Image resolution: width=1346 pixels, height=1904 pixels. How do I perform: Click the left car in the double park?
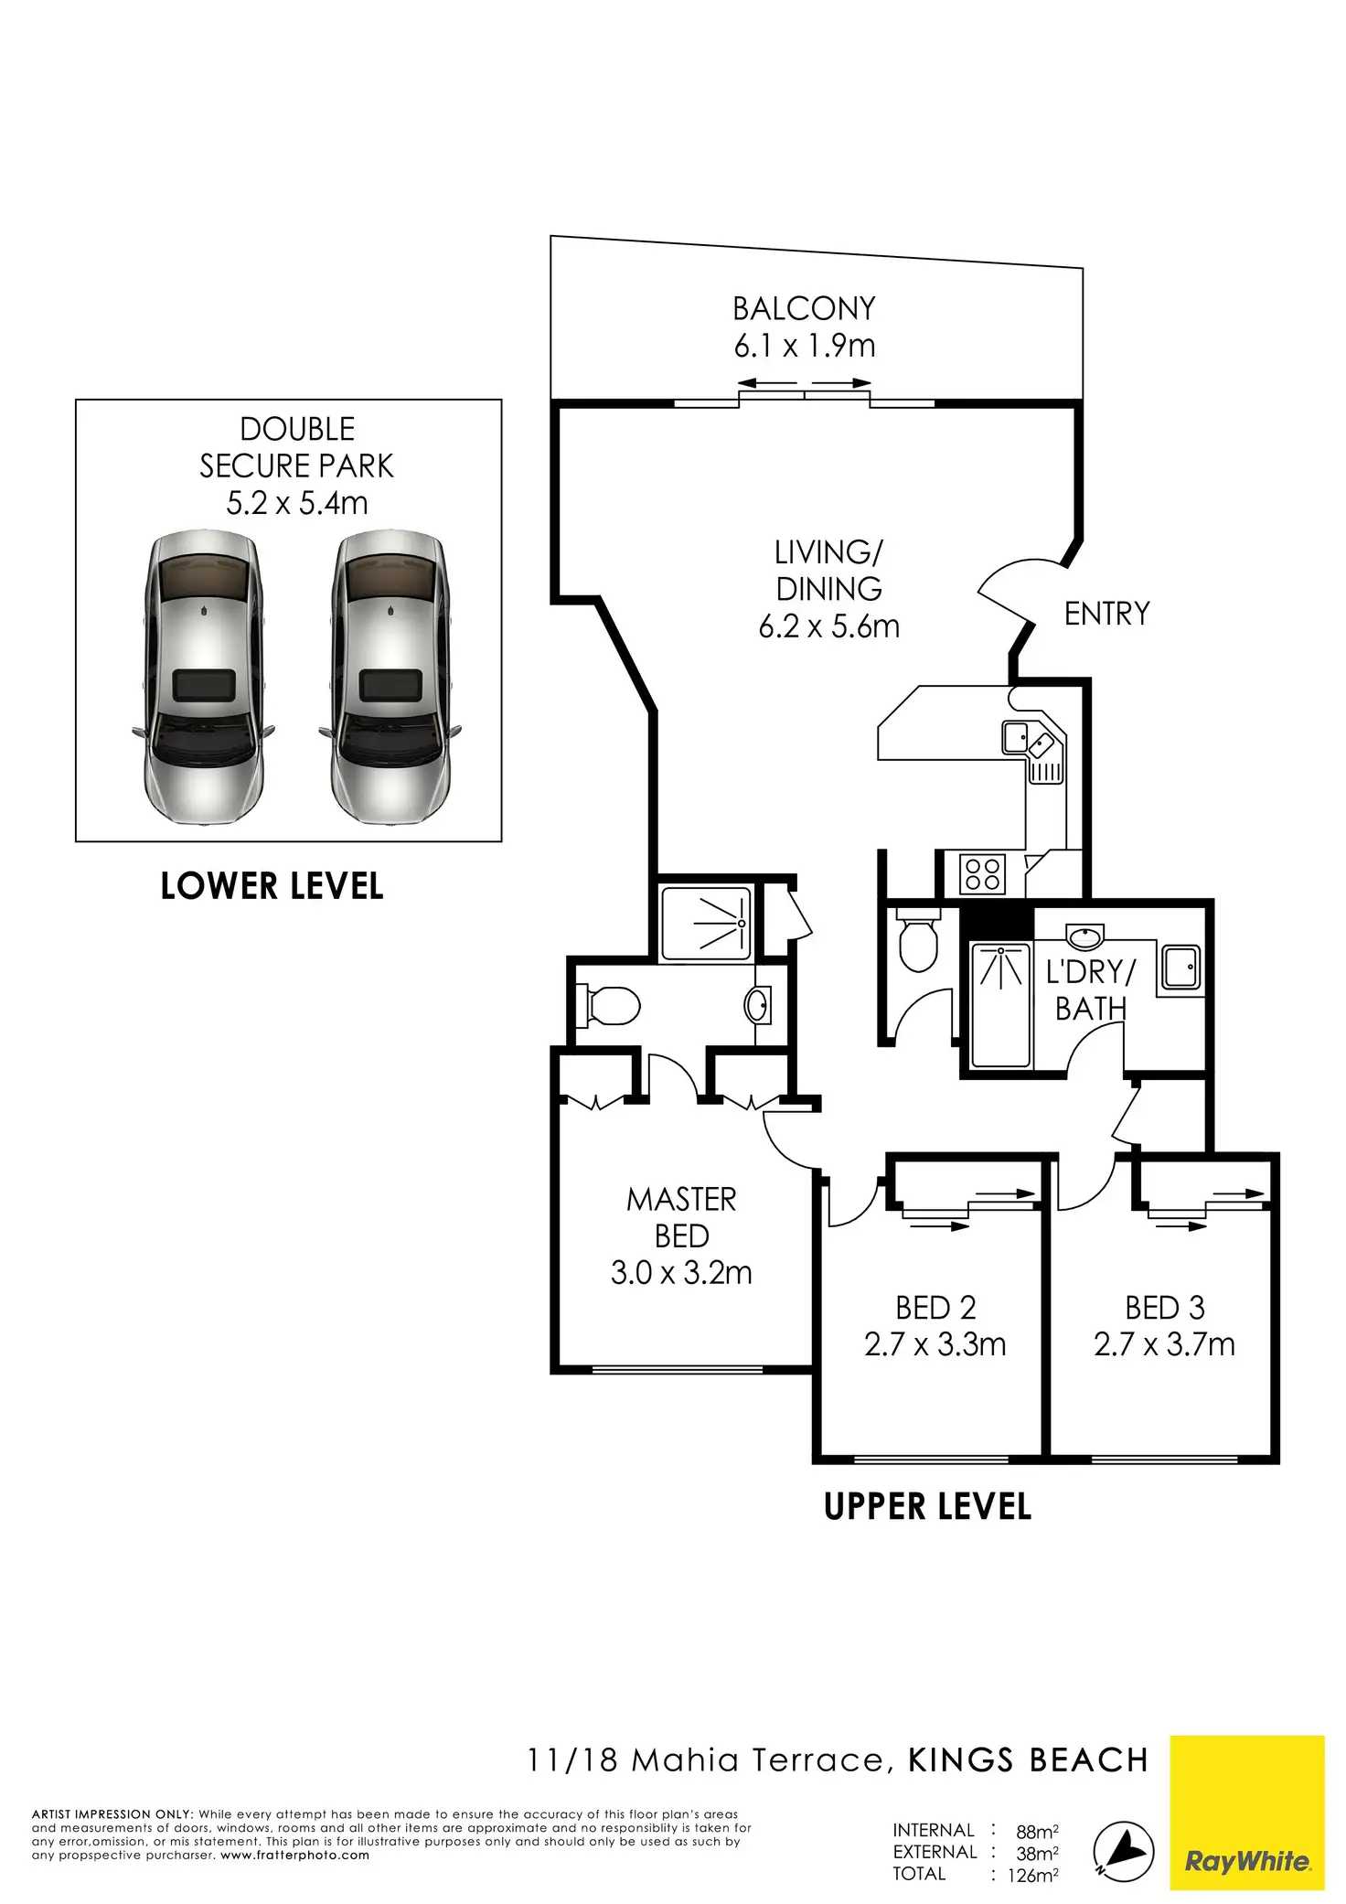(203, 679)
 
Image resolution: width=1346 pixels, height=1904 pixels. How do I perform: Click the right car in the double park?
(390, 679)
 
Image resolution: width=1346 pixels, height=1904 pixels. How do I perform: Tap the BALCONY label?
(804, 309)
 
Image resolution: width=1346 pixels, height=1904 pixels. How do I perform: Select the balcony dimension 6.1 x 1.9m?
(804, 347)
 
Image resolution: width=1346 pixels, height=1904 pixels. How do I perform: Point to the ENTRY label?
(1106, 614)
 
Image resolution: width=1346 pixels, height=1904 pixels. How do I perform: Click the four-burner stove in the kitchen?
(982, 873)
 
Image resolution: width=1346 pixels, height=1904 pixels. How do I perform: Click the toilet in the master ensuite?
(610, 1006)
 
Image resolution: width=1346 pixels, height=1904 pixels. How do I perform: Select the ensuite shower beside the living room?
(706, 924)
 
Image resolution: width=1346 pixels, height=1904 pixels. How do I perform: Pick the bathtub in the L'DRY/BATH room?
(1000, 1006)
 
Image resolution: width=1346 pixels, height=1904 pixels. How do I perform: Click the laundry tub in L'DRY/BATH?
(1180, 968)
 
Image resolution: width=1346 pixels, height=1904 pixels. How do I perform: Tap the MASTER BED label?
(681, 1217)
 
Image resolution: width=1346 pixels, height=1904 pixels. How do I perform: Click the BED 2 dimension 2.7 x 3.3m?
(935, 1345)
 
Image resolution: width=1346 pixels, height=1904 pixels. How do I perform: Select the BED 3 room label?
(1164, 1309)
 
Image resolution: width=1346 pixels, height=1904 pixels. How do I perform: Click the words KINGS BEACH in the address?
(1028, 1760)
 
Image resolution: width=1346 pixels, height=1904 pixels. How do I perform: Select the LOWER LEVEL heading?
(272, 886)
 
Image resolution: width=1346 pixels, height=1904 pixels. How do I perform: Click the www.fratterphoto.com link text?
(294, 1856)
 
